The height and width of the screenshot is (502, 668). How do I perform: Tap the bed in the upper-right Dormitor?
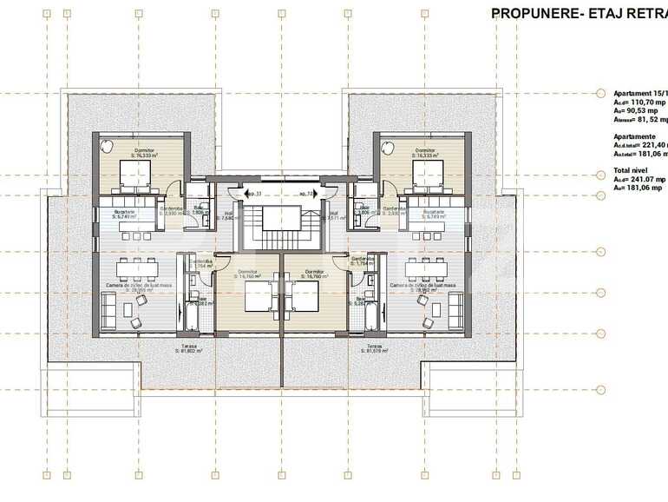pyautogui.click(x=424, y=178)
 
